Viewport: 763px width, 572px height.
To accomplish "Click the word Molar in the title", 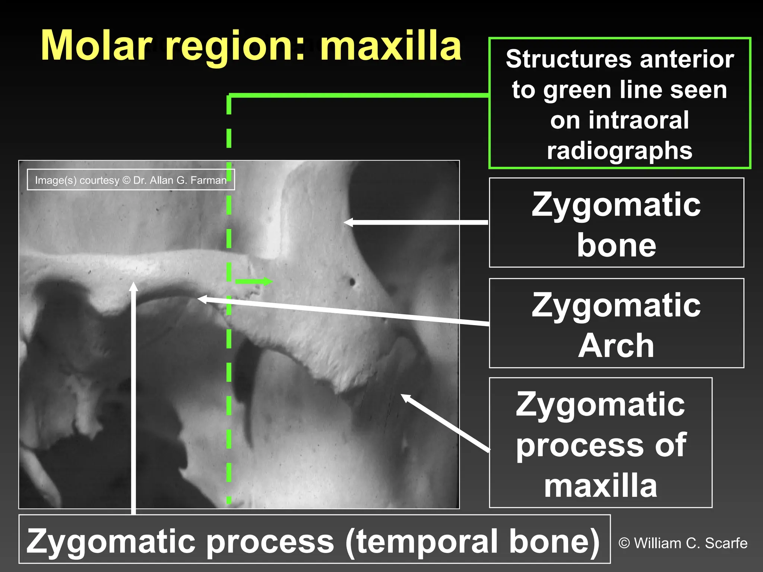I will pyautogui.click(x=97, y=45).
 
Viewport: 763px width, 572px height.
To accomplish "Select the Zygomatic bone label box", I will pyautogui.click(x=616, y=223).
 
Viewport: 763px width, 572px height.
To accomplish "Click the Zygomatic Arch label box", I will pyautogui.click(x=616, y=323).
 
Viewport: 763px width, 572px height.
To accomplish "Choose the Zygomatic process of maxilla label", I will pyautogui.click(x=601, y=443).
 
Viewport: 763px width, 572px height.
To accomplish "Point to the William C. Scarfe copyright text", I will pyautogui.click(x=683, y=543).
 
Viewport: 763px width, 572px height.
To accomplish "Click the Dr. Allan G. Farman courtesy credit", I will pyautogui.click(x=130, y=180).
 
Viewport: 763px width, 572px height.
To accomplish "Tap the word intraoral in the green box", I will pyautogui.click(x=619, y=120).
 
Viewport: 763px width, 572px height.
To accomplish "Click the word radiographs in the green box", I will pyautogui.click(x=619, y=151).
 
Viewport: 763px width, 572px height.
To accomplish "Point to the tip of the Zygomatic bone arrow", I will pyautogui.click(x=346, y=223).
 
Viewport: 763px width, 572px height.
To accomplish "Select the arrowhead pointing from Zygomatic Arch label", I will pyautogui.click(x=200, y=299).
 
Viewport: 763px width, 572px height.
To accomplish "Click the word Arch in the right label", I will pyautogui.click(x=616, y=346).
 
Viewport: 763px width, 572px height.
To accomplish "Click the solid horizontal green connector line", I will pyautogui.click(x=358, y=96).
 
